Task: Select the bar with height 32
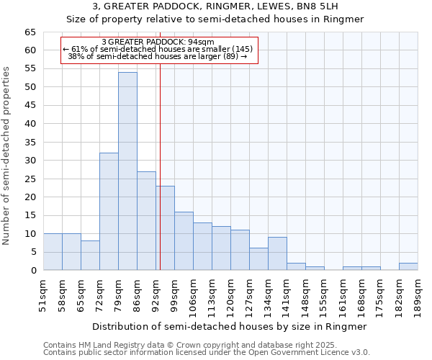pos(109,212)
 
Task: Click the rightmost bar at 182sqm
pos(408,266)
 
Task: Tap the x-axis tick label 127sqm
pos(249,296)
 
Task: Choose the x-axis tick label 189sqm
pos(418,296)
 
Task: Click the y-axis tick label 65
pos(30,32)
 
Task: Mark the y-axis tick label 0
pos(33,270)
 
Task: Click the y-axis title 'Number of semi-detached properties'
pos(7,156)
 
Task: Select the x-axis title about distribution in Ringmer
pos(230,326)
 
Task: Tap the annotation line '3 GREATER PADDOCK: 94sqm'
pos(158,42)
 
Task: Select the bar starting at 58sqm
pos(71,252)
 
